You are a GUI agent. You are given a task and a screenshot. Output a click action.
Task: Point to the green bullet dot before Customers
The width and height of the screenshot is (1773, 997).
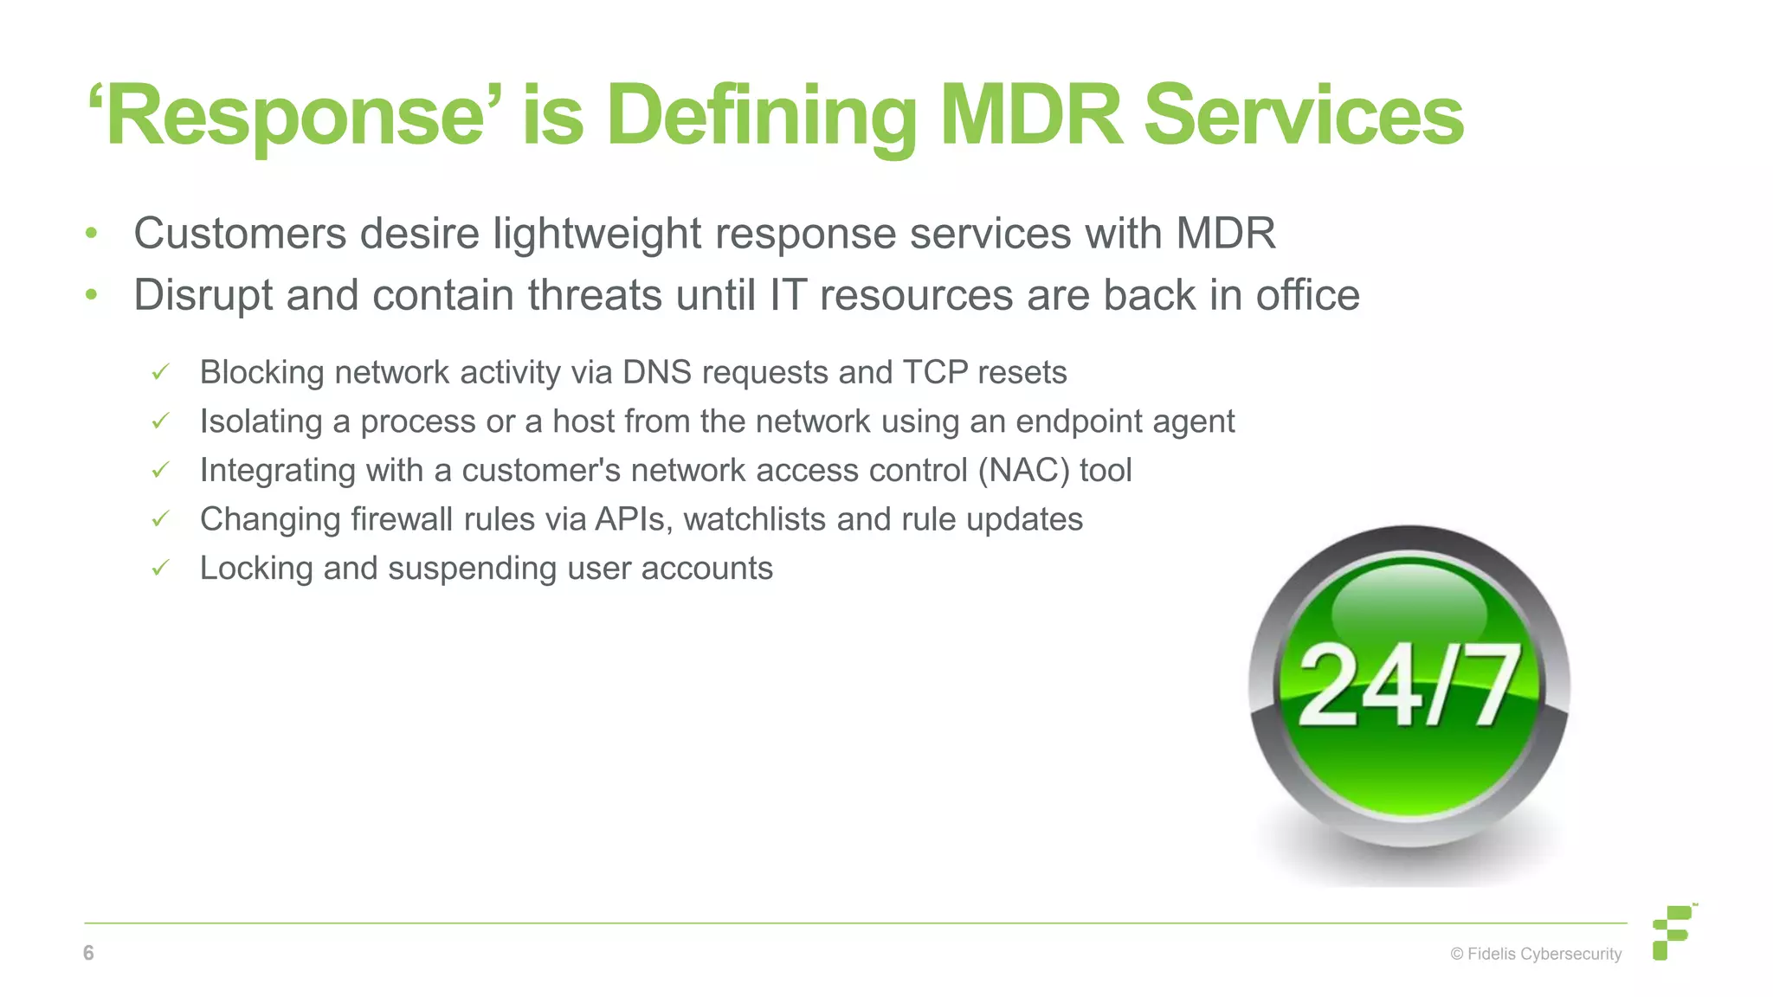(x=92, y=234)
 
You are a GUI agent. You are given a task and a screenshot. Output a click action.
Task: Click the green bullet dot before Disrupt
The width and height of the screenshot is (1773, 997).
(x=92, y=295)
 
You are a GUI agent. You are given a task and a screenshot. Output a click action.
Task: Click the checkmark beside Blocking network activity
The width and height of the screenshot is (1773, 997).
(x=160, y=373)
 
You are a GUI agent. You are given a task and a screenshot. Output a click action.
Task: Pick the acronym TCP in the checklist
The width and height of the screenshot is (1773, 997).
(x=935, y=372)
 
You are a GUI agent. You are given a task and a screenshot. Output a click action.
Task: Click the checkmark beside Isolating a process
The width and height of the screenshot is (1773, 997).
(x=160, y=421)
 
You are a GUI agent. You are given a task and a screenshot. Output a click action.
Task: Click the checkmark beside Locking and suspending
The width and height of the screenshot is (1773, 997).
(x=160, y=569)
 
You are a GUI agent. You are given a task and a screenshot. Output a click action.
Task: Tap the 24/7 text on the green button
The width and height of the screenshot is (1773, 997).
(x=1409, y=686)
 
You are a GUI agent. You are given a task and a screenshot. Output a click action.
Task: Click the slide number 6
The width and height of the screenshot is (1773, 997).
(x=88, y=953)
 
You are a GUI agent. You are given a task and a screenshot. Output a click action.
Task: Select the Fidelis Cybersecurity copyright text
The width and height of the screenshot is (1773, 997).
(x=1536, y=954)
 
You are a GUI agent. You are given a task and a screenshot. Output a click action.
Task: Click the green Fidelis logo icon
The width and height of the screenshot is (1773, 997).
(x=1672, y=932)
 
